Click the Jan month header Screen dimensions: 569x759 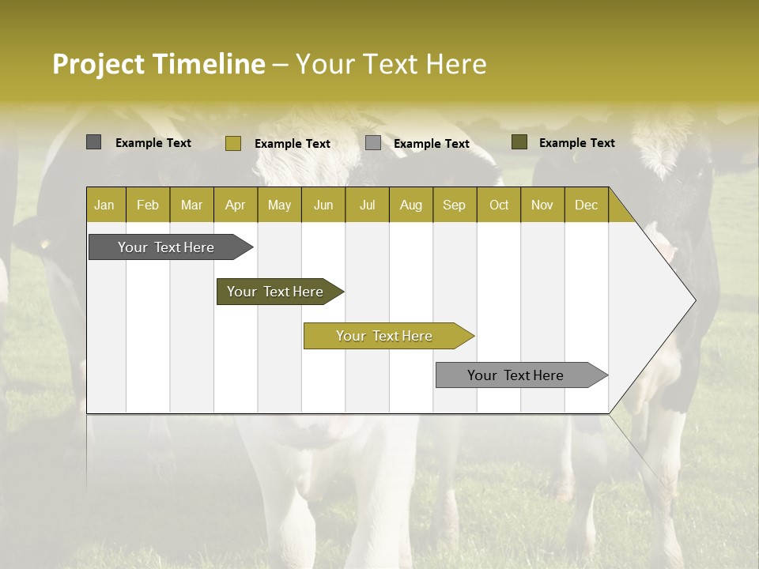pos(105,205)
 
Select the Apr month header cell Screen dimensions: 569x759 pos(236,205)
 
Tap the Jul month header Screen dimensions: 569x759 pos(367,205)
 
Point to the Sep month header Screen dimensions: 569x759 pos(455,205)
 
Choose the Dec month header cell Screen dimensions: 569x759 pos(586,205)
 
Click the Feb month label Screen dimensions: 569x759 pos(148,205)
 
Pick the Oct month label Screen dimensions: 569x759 pos(499,205)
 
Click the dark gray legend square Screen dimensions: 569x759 pos(93,142)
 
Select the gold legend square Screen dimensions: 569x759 pos(233,143)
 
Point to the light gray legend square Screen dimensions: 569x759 pos(373,143)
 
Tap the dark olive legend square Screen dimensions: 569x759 pos(519,142)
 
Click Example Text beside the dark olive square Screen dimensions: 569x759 pos(576,143)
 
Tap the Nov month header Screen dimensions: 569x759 pos(542,205)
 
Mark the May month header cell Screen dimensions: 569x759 pos(279,205)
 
